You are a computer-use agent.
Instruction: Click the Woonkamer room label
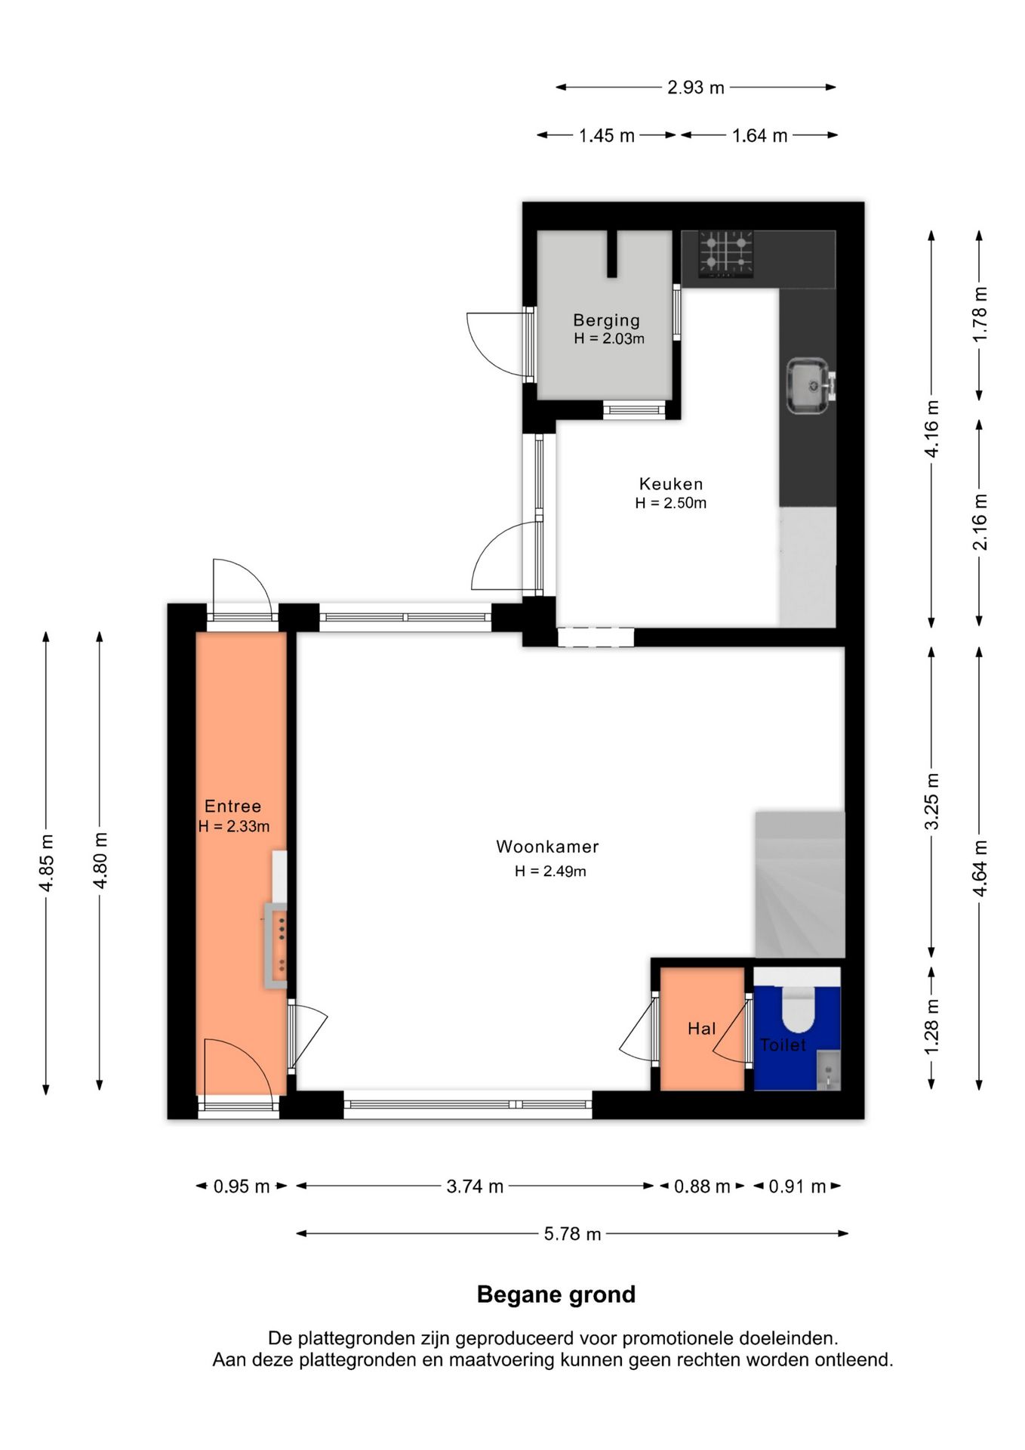pyautogui.click(x=547, y=847)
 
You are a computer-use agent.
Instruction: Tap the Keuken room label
pyautogui.click(x=671, y=484)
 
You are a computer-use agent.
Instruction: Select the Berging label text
pyautogui.click(x=606, y=321)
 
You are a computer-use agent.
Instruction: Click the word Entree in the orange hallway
pyautogui.click(x=233, y=806)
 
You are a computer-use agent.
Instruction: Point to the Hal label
pyautogui.click(x=701, y=1028)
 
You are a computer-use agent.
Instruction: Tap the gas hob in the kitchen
pyautogui.click(x=725, y=254)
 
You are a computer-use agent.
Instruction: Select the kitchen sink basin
pyautogui.click(x=808, y=386)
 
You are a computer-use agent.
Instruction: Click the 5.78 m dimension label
pyautogui.click(x=572, y=1233)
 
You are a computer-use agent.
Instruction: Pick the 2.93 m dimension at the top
pyautogui.click(x=696, y=88)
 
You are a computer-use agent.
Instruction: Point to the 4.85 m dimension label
pyautogui.click(x=47, y=862)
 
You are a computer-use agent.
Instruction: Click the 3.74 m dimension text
pyautogui.click(x=475, y=1186)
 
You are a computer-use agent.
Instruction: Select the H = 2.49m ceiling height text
pyautogui.click(x=550, y=871)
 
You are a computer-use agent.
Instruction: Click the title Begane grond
pyautogui.click(x=556, y=1294)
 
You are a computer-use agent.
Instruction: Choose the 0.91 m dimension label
pyautogui.click(x=797, y=1186)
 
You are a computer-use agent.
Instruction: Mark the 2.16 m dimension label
pyautogui.click(x=980, y=522)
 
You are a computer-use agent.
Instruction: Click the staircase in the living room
pyautogui.click(x=800, y=884)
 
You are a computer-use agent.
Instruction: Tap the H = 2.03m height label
pyautogui.click(x=609, y=338)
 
